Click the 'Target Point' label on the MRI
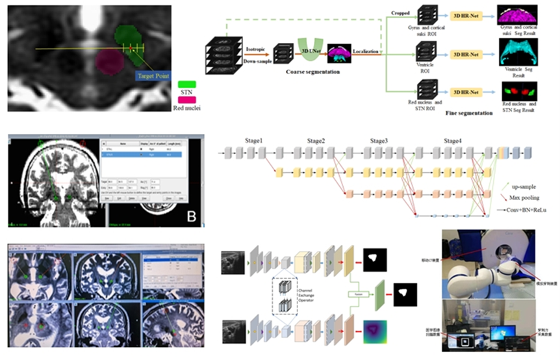pos(155,76)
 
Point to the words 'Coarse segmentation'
pos(312,71)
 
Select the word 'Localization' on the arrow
pos(366,49)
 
